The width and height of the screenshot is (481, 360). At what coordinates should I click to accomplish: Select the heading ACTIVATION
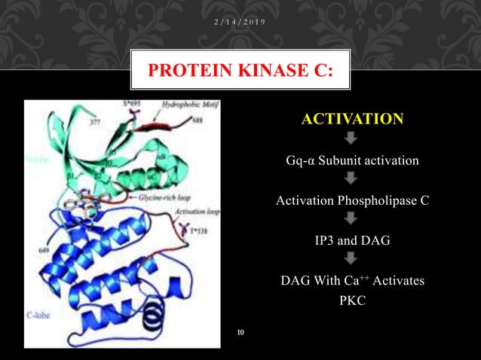353,119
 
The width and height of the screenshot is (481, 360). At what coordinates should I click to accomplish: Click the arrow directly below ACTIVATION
352,139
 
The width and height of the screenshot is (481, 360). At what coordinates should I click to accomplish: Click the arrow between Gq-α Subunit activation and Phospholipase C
352,179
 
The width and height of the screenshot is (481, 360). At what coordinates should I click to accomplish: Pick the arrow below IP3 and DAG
352,260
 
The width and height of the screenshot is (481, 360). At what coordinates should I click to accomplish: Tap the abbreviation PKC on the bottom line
352,301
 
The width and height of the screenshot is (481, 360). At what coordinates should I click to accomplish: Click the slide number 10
241,331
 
